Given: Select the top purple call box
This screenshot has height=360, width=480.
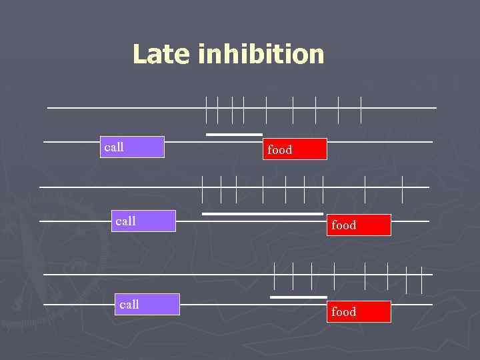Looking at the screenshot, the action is coord(133,147).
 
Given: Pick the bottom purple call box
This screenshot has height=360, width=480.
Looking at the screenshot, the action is coord(148,304).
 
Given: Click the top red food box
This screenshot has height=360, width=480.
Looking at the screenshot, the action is coord(296,149).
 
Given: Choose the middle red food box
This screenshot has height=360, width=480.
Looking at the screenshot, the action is coord(359,225).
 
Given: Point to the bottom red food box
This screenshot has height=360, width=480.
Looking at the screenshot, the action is coord(359,311).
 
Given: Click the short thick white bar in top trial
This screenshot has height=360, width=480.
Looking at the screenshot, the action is coord(234,135).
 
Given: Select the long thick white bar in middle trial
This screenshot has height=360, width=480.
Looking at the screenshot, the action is coord(263,214).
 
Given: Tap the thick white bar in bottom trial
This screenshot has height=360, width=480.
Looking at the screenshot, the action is coord(299,297).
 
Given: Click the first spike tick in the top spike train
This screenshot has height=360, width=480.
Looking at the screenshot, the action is coord(207,110).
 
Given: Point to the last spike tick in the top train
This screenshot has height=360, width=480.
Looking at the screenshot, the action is coord(361,110).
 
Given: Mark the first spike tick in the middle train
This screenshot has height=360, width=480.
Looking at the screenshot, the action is coord(203,189).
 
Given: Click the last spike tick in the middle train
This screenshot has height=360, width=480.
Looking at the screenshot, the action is coord(403,189).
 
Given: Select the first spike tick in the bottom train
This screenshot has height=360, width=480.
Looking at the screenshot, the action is coord(275,277).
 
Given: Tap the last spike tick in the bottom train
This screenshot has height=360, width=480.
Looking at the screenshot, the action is coord(421,279).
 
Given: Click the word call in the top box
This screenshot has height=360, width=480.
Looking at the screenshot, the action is coord(114,147).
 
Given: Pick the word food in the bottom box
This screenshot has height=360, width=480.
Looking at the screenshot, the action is coord(344,311).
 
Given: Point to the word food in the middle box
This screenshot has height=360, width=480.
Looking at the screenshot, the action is coord(344,225).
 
